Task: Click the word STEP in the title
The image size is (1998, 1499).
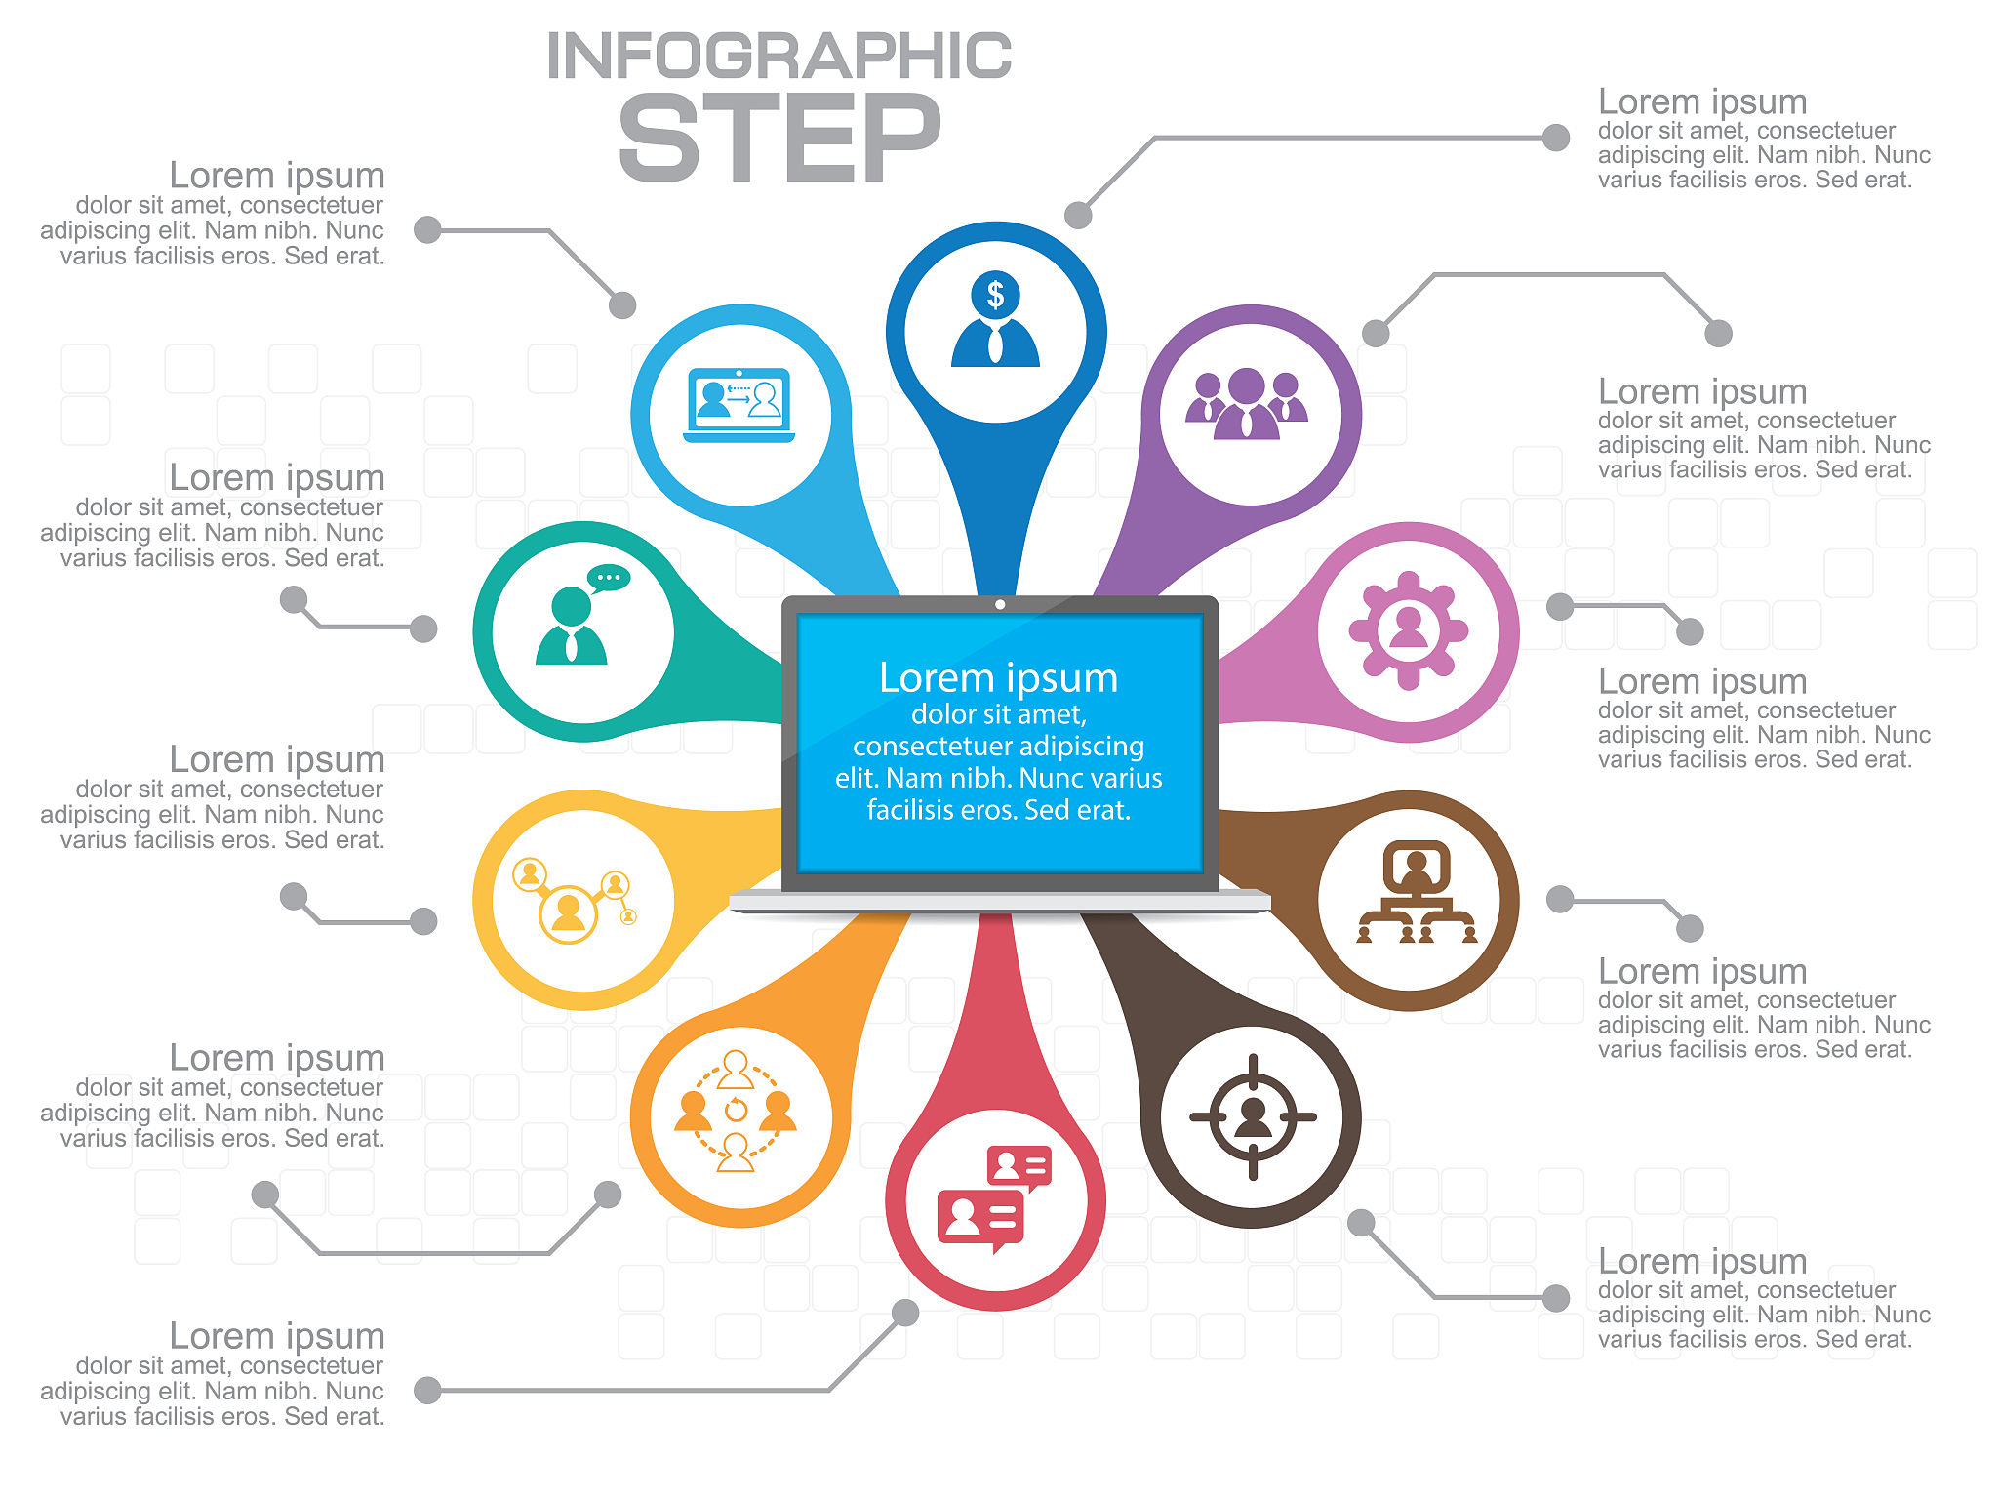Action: point(779,138)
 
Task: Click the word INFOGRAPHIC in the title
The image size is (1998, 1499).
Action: point(779,56)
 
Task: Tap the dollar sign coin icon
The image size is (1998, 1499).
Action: point(995,294)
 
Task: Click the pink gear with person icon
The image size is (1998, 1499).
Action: point(1409,630)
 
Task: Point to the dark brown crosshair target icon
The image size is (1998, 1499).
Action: point(1253,1116)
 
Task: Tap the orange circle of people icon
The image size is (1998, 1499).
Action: point(736,1111)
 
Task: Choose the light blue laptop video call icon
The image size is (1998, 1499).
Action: point(739,405)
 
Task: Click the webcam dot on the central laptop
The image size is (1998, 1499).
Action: point(1000,605)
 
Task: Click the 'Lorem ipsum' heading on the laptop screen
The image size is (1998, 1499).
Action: point(998,677)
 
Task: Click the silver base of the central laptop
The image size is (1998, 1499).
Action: point(1000,902)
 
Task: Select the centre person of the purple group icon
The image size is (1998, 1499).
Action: point(1247,404)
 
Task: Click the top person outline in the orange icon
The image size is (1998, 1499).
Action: point(736,1070)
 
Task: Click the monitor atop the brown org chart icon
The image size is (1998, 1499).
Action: point(1417,867)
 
